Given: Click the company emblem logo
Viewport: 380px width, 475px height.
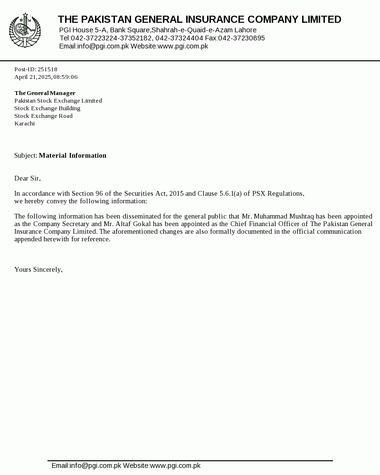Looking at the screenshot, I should [x=25, y=31].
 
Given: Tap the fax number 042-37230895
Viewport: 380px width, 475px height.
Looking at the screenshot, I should [x=241, y=38].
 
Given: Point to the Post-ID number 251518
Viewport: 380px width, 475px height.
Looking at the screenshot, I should [x=47, y=69].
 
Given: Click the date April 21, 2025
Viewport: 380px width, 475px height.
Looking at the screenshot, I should [x=33, y=77].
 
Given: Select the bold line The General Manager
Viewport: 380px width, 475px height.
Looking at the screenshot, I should [x=45, y=93].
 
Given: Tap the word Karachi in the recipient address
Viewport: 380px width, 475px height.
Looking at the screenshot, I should [x=24, y=123].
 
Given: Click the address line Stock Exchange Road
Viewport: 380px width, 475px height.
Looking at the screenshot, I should [x=43, y=116].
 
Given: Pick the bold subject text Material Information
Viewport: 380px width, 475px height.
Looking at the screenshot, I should [x=72, y=155].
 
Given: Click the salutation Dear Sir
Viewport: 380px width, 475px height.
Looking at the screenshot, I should [x=27, y=178].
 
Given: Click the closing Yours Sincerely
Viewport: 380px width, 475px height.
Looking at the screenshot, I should [x=38, y=269].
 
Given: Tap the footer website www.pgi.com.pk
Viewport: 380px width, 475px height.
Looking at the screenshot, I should [x=175, y=465].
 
